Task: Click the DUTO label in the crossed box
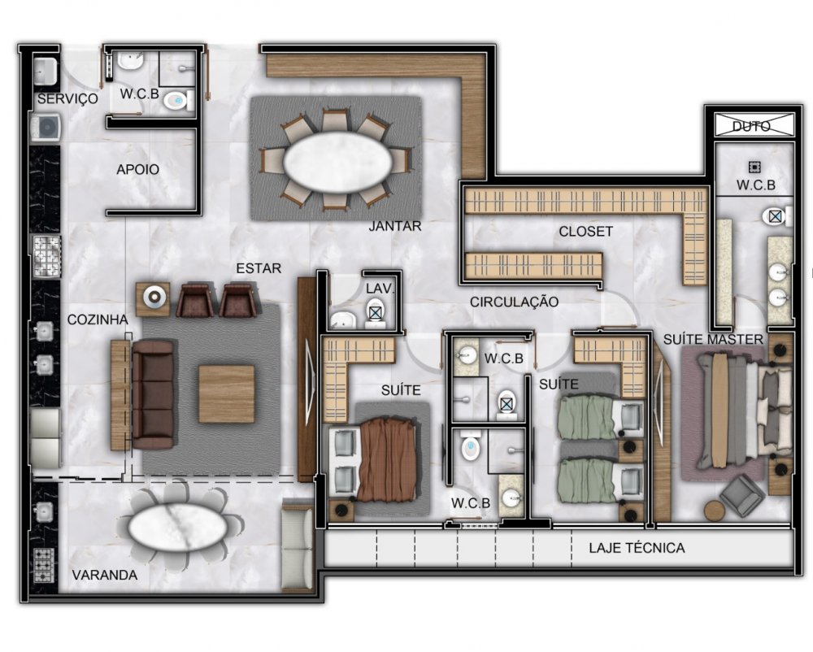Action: tap(751, 126)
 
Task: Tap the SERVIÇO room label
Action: tap(67, 98)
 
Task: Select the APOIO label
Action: tap(137, 169)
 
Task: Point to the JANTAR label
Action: tap(395, 226)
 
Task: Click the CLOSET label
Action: tap(586, 231)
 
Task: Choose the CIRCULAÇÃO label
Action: tap(515, 302)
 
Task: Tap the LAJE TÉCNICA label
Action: tap(637, 547)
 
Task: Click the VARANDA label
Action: tap(105, 575)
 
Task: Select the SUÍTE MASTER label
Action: tap(714, 340)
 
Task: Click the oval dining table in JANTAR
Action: tap(337, 162)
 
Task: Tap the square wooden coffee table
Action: tap(227, 394)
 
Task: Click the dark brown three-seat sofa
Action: tap(154, 394)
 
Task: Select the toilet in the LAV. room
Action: tap(374, 313)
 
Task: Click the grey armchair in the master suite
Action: tap(741, 498)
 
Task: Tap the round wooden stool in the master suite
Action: tap(715, 511)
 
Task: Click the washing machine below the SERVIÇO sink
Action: tap(46, 127)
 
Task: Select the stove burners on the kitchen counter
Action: tap(46, 256)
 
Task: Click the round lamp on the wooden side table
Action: tap(154, 297)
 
